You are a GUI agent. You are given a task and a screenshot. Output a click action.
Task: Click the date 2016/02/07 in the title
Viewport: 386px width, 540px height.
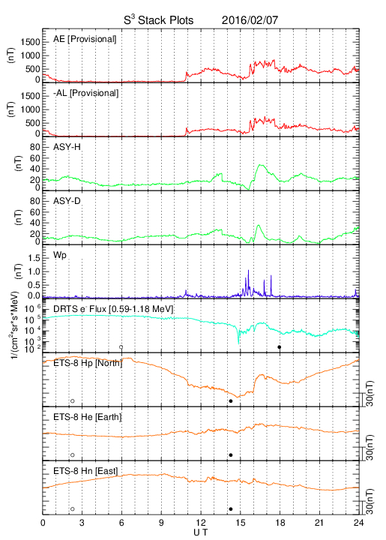(250, 20)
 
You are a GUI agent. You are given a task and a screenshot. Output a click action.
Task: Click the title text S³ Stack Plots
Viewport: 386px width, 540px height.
(159, 20)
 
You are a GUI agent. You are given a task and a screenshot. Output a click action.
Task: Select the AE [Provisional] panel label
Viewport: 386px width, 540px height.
(85, 39)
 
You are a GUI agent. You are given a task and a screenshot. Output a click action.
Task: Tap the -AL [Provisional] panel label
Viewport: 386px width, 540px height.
(85, 93)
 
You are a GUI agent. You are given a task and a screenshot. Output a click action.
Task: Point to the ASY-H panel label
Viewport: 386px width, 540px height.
(67, 147)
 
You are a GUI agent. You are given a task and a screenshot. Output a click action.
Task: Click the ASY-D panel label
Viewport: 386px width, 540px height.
(67, 201)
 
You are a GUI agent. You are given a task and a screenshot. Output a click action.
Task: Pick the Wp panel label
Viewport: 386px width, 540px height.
(60, 256)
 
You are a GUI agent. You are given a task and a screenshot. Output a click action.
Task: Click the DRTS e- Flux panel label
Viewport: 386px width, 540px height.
(113, 309)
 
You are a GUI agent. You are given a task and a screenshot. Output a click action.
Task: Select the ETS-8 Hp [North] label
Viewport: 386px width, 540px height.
(88, 363)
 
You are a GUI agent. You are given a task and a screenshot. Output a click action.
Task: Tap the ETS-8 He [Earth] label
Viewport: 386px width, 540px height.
(88, 417)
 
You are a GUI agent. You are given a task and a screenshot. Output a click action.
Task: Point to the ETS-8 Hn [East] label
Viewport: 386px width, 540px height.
(85, 471)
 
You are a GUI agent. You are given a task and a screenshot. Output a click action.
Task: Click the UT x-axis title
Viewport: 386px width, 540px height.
(201, 532)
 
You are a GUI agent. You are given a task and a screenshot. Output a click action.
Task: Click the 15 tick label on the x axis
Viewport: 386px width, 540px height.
(241, 523)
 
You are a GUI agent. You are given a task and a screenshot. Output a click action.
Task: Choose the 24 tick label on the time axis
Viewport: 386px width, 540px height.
(358, 523)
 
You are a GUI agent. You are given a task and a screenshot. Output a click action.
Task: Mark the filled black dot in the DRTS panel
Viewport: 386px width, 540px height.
(280, 347)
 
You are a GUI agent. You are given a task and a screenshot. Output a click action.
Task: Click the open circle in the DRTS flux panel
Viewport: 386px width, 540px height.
(121, 347)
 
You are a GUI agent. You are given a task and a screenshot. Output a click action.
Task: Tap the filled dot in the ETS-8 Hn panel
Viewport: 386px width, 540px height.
(231, 509)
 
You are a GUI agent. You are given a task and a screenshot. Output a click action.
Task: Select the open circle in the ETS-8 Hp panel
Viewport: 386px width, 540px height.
(73, 400)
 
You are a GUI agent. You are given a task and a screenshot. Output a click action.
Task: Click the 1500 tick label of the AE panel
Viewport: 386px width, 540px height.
(30, 42)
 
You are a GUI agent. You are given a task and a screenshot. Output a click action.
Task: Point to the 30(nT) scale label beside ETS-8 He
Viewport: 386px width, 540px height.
(370, 447)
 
